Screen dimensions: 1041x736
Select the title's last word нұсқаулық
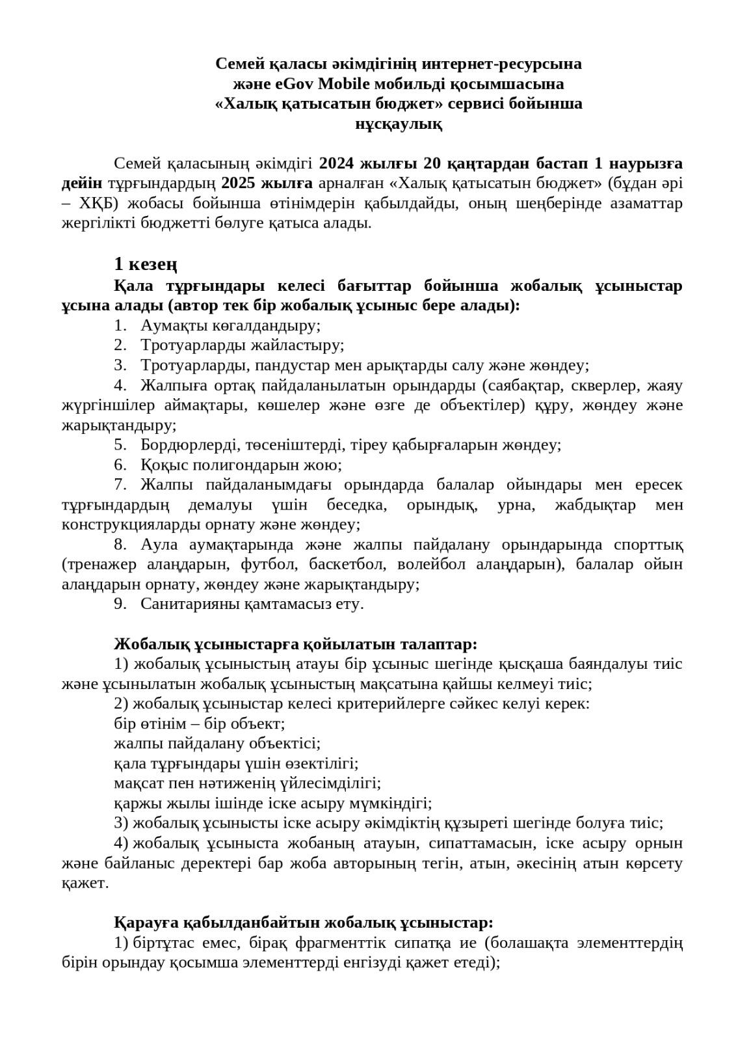tap(398, 124)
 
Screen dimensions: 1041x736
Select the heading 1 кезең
tap(146, 264)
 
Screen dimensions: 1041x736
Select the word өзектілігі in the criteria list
tap(319, 763)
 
